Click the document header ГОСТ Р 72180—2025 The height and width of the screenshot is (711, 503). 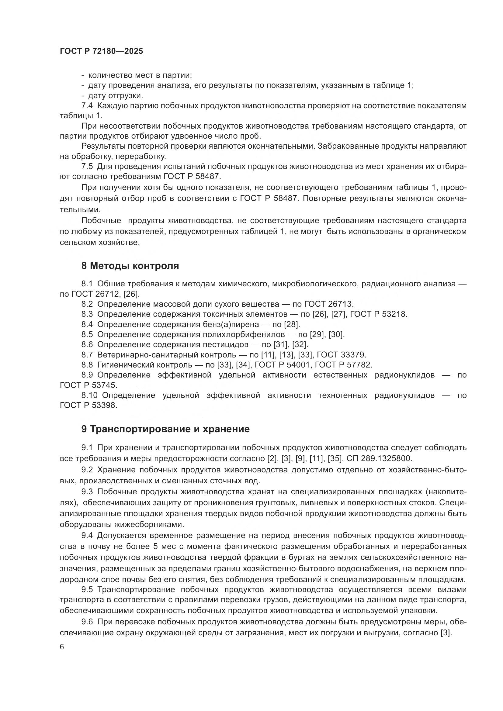(x=101, y=51)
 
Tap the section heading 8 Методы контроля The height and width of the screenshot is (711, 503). (x=130, y=266)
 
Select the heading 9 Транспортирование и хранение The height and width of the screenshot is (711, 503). (x=165, y=429)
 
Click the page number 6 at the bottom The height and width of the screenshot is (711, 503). (x=62, y=647)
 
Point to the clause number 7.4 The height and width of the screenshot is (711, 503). (x=87, y=105)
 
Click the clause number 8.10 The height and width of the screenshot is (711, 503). (x=89, y=395)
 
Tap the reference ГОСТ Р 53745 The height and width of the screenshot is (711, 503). (x=88, y=385)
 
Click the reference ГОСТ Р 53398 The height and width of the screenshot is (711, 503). (x=88, y=406)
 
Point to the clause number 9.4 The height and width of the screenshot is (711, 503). (x=87, y=535)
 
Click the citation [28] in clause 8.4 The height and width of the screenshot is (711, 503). (x=292, y=324)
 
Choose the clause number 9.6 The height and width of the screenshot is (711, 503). (x=87, y=622)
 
